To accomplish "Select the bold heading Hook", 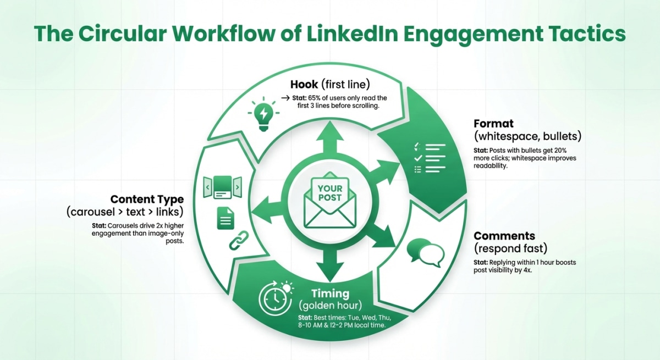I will tap(304, 85).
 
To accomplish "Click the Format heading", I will tap(494, 124).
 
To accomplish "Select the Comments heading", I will tap(504, 236).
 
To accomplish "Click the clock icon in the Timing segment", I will tap(273, 298).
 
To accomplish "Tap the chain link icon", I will tap(238, 241).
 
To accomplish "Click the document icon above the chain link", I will tap(225, 218).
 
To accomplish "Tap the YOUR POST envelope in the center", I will tap(329, 202).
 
